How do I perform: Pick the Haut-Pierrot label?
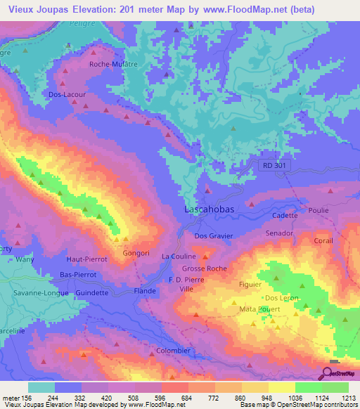point(86,259)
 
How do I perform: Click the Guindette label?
point(92,292)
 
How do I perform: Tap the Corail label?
point(323,240)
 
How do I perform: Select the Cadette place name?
point(285,216)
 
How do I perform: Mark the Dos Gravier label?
point(213,236)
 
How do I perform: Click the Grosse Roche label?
point(204,268)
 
